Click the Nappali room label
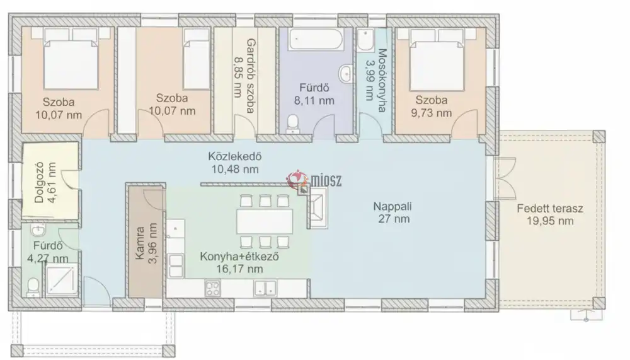point(392,206)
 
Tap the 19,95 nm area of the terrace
point(550,221)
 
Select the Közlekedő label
point(235,156)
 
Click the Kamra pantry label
point(140,243)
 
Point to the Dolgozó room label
point(39,182)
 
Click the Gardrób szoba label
point(250,76)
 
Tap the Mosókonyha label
point(382,81)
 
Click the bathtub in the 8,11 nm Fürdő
point(316,39)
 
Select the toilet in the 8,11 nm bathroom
point(292,124)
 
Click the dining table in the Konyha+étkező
point(265,221)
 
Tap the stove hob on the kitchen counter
point(212,288)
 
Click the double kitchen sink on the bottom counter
point(265,288)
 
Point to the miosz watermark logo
point(314,180)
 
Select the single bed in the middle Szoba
point(197,59)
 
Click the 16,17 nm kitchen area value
point(239,269)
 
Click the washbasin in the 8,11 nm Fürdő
point(346,74)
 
